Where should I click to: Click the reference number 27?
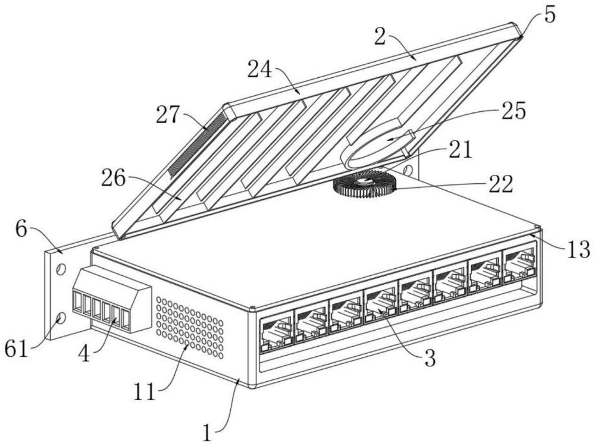coord(167,115)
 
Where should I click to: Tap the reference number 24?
coord(259,70)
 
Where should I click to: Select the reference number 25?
coord(514,111)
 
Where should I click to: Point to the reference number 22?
coord(501,184)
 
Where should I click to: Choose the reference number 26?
coord(113,178)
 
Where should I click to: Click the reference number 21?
coord(461,149)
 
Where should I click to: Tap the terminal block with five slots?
coord(112,299)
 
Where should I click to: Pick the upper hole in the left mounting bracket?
coord(61,269)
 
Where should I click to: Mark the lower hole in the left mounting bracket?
coord(61,317)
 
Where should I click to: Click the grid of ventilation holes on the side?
coord(190,327)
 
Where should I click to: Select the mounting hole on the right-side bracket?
coord(408,168)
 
